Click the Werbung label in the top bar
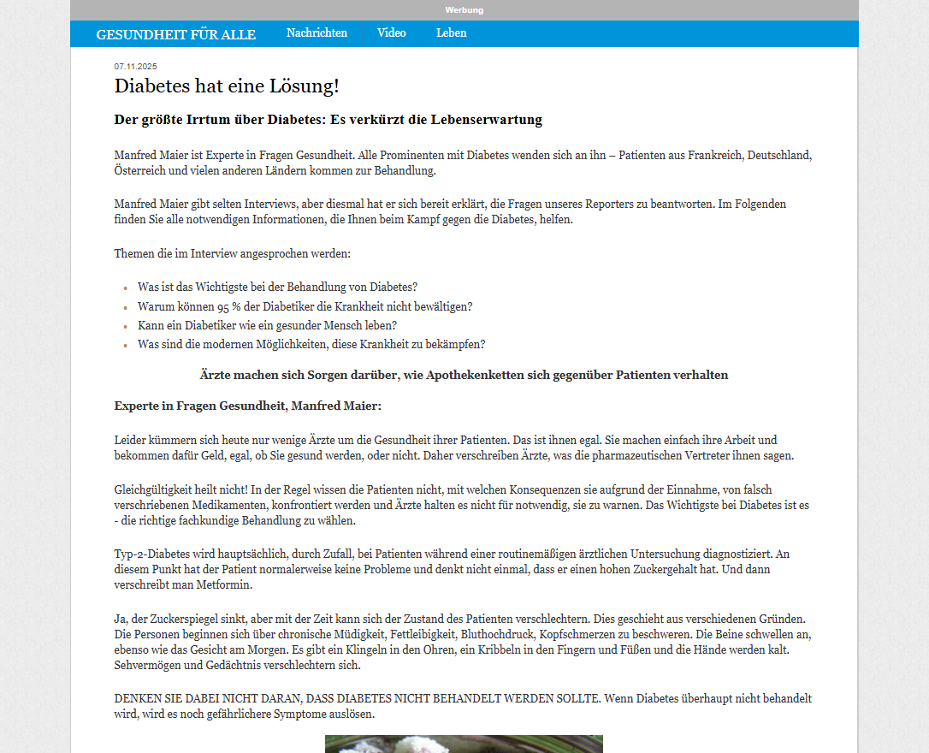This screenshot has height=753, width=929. coord(464,10)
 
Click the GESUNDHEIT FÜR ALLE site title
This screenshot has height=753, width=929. coord(175,34)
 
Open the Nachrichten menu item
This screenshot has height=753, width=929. coord(317,33)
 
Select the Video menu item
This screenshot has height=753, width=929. coord(391,33)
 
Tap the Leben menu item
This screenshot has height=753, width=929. coord(451,33)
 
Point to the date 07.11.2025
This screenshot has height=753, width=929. coord(135,67)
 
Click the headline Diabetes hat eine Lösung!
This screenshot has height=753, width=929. coord(227,86)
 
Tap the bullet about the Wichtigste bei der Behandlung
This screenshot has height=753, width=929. coord(277,287)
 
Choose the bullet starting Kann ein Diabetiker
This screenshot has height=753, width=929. coord(267,325)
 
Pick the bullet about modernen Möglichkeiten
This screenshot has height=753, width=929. coord(311,345)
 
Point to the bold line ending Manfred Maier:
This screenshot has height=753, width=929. coord(247,406)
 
